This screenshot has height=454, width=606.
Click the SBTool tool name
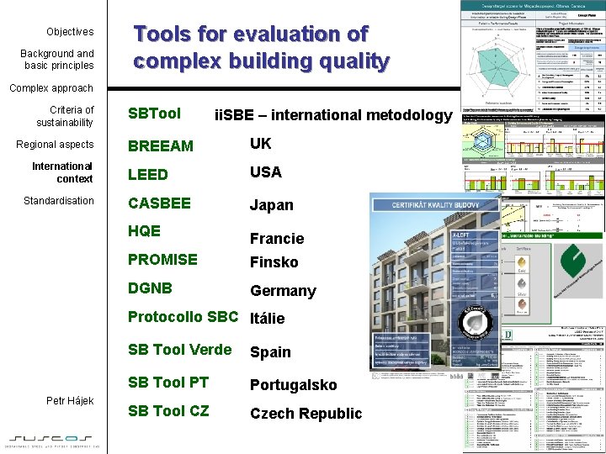[154, 113]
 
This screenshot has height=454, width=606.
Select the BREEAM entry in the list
[160, 146]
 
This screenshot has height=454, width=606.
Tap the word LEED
[147, 175]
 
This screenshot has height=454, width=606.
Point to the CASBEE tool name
[159, 203]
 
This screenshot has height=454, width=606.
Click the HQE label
[144, 230]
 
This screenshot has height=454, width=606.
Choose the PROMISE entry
[162, 259]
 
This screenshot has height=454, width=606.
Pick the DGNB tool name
[150, 288]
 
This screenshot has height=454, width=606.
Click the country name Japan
[271, 205]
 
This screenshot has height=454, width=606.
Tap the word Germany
[283, 291]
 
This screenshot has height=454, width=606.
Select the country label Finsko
[274, 262]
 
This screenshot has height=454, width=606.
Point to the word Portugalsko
[293, 385]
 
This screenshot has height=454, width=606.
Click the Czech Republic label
[306, 414]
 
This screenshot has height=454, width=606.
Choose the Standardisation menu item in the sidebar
[59, 201]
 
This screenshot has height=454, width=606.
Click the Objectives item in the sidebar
[70, 32]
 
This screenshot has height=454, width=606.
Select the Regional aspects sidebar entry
[55, 145]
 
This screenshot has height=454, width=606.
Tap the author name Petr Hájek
[69, 401]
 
